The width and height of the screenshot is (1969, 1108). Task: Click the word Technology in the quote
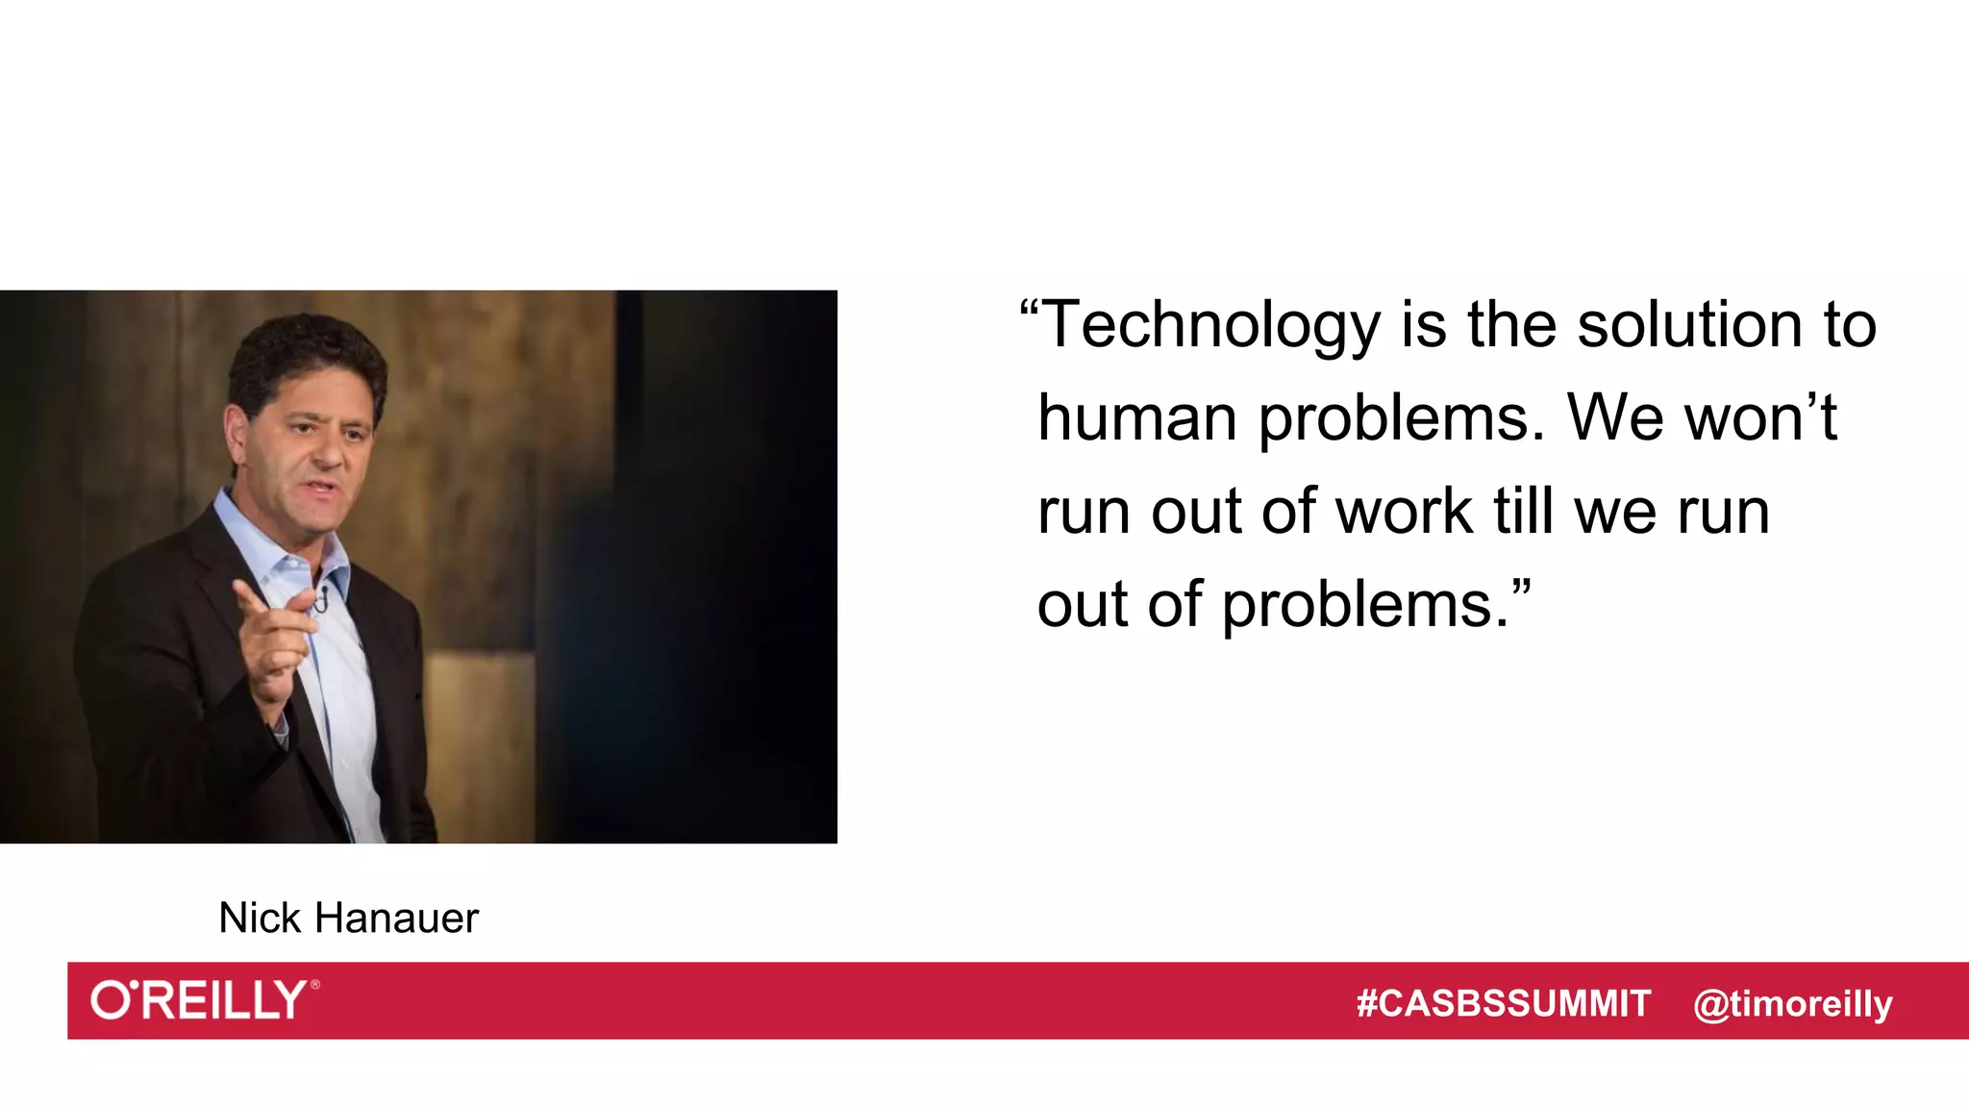pos(1210,325)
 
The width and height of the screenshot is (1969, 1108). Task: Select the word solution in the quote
pos(1689,325)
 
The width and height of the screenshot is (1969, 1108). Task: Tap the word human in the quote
pos(1137,418)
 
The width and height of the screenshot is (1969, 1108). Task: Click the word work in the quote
pos(1405,512)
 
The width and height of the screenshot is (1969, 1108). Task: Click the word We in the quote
pos(1616,418)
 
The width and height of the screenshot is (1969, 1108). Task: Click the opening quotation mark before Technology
pos(1029,310)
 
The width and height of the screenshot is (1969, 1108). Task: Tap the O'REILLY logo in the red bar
pos(204,1000)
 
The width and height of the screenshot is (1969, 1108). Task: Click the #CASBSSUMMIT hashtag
pos(1503,1004)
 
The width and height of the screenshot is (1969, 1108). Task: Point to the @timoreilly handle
pos(1792,1004)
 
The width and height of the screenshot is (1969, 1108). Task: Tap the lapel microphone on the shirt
pos(323,597)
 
